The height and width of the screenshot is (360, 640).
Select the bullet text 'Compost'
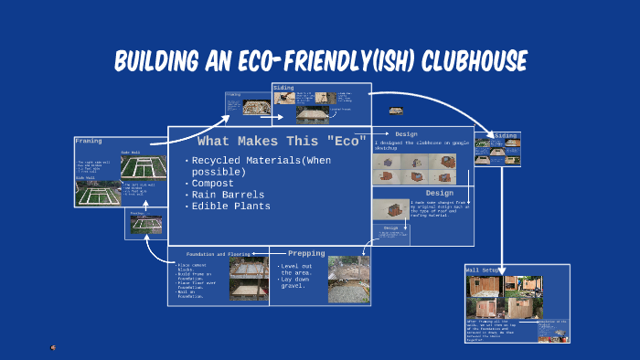pos(213,183)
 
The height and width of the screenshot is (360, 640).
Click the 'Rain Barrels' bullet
pos(228,195)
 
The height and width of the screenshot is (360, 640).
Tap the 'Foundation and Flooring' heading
pos(218,253)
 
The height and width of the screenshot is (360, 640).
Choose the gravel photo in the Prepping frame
pos(348,279)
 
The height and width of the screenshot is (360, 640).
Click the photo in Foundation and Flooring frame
pos(248,280)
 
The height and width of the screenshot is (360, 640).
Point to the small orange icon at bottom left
pos(53,347)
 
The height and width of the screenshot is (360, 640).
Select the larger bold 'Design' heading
pos(440,193)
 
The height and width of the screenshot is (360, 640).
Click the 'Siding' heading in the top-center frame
pos(283,88)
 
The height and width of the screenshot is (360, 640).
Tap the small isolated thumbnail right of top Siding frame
pos(396,111)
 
